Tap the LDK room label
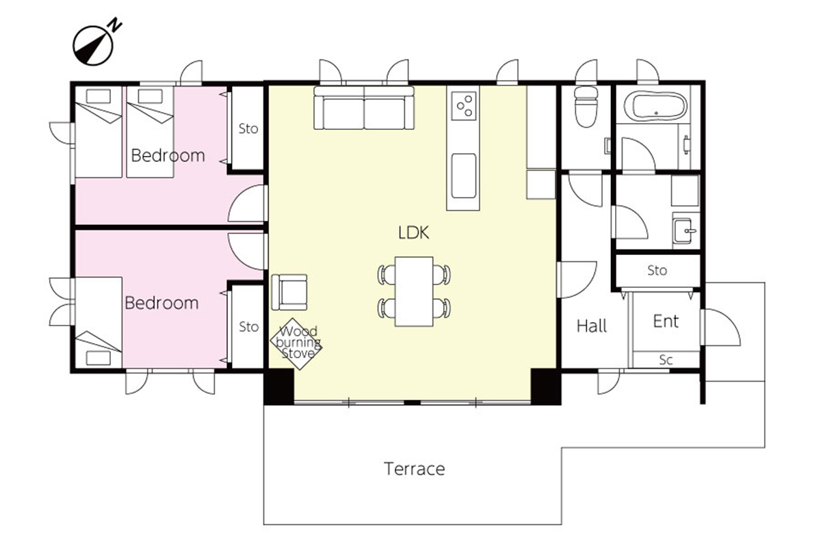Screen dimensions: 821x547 [413, 232]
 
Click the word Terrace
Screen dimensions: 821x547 [414, 469]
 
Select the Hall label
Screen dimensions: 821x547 [592, 325]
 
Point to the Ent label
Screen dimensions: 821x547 [666, 321]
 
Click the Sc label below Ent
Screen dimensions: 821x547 [666, 360]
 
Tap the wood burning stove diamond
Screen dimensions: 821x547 [296, 343]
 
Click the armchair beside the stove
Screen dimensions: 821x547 [289, 292]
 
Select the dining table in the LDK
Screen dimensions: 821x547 [414, 291]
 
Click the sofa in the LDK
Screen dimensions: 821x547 [364, 108]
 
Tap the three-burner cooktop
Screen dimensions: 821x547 [464, 106]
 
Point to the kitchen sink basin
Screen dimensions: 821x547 [464, 176]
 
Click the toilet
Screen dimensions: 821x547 [586, 107]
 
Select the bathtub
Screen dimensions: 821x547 [655, 105]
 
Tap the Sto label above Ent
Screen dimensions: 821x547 [657, 271]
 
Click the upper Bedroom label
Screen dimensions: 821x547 [168, 156]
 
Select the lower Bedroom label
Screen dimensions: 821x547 [161, 304]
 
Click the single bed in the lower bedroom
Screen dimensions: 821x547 [99, 322]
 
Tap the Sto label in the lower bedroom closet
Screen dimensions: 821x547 [248, 327]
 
